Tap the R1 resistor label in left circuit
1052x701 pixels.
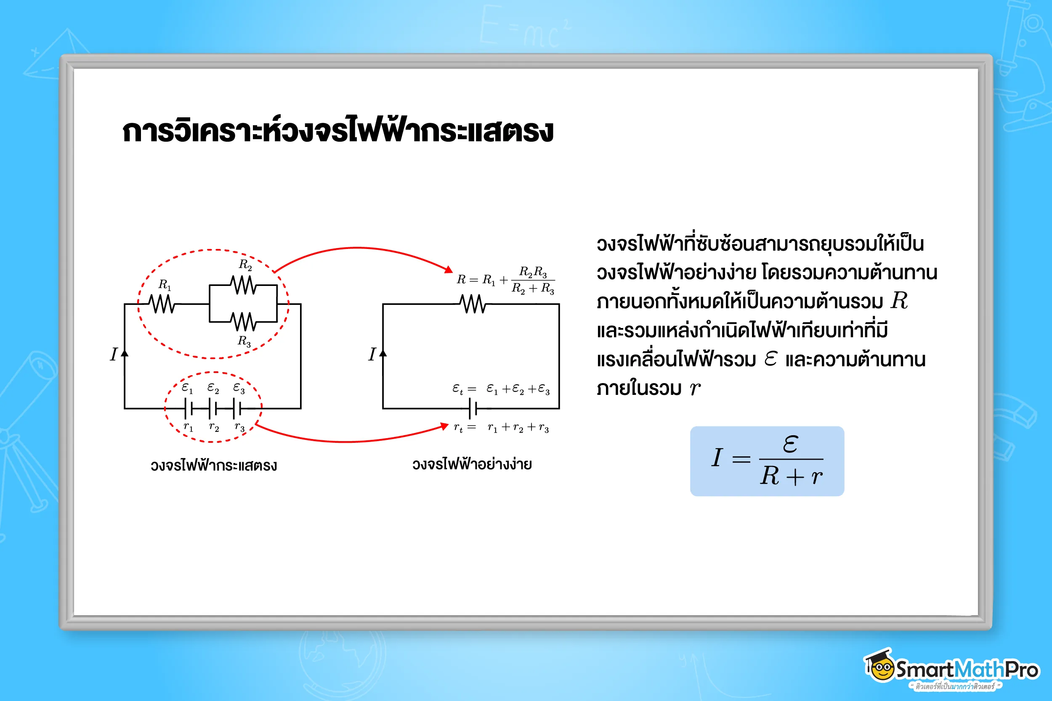click(165, 285)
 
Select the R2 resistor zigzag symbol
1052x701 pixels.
click(243, 285)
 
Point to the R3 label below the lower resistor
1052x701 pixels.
click(244, 341)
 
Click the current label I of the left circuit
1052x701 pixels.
click(114, 354)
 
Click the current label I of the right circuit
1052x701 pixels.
click(372, 354)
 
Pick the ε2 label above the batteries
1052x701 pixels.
click(213, 388)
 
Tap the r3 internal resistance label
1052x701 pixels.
click(239, 427)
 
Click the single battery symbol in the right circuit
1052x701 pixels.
click(473, 408)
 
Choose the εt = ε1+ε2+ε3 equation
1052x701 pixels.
click(501, 389)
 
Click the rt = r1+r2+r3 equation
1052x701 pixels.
click(501, 428)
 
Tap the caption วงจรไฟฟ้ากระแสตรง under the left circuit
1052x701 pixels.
click(213, 466)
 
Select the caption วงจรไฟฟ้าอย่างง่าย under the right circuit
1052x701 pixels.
click(472, 465)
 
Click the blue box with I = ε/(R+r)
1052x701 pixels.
click(767, 461)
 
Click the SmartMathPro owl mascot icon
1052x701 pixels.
click(879, 666)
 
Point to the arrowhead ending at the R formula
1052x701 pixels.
click(448, 269)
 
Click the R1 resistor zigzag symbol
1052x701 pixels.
click(162, 304)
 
